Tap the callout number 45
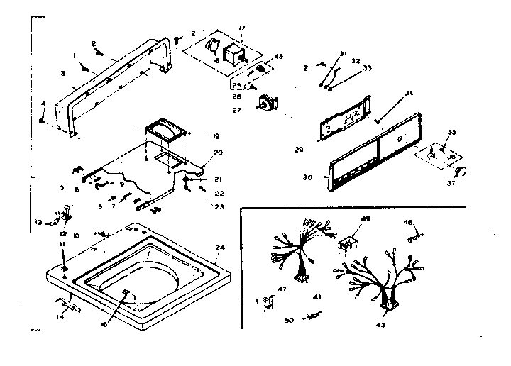point(279,57)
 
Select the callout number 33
point(368,69)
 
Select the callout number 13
point(38,222)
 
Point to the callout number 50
point(289,321)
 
